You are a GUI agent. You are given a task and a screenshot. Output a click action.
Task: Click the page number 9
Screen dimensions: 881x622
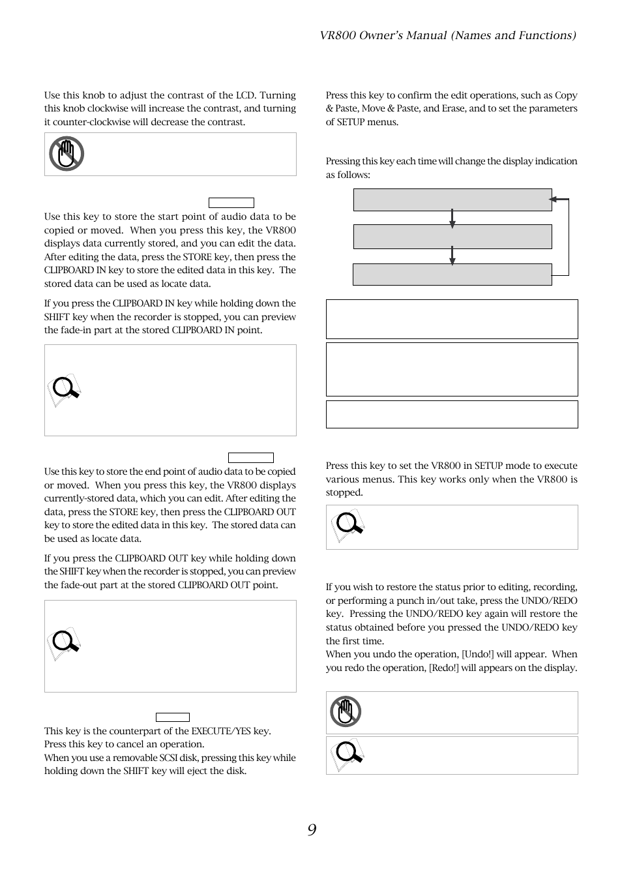tap(312, 829)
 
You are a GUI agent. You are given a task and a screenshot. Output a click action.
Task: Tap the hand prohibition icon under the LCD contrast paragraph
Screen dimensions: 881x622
tap(67, 154)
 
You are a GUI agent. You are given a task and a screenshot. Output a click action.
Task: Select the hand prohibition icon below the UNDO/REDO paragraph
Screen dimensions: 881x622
tap(346, 711)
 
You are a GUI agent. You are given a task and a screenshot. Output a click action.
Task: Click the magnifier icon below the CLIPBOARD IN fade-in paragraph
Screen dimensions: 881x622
tap(64, 390)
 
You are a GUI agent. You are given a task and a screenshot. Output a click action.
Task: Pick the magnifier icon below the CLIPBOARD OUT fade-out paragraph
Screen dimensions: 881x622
tap(64, 644)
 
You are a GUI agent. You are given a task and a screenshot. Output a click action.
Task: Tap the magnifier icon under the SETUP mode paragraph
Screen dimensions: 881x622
tap(348, 526)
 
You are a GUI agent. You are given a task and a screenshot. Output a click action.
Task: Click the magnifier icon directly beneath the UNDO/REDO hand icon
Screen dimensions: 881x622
tap(348, 755)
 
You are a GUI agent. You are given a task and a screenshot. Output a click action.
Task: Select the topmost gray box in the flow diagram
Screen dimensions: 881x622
tap(452, 200)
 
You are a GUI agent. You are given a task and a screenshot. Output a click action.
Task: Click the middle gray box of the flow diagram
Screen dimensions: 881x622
tap(452, 237)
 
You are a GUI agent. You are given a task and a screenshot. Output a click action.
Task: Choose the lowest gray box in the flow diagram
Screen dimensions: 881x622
tap(452, 275)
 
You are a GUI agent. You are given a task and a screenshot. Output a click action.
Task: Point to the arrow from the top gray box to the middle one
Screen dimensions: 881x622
tap(452, 218)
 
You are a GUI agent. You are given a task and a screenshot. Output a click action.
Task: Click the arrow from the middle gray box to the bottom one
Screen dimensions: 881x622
tap(452, 256)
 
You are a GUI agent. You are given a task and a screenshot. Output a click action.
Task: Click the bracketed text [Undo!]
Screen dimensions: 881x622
tap(479, 654)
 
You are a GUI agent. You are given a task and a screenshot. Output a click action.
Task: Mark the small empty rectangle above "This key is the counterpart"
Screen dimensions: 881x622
tap(173, 717)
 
